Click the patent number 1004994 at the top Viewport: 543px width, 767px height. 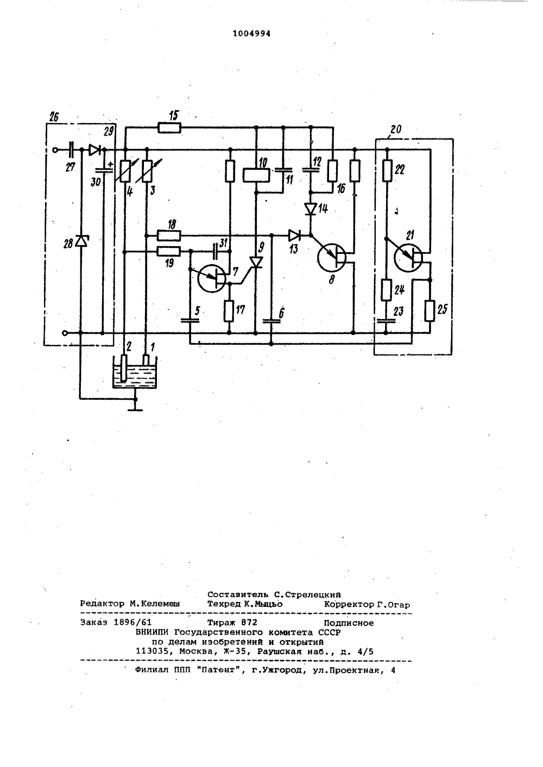[x=251, y=34]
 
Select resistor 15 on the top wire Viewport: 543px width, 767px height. [x=169, y=128]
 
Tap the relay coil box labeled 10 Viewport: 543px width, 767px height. [x=256, y=175]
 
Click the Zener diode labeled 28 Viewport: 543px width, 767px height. [x=81, y=241]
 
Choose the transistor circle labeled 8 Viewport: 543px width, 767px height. [x=332, y=257]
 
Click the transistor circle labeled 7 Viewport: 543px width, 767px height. [x=212, y=278]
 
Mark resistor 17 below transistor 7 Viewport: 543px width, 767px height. [x=229, y=311]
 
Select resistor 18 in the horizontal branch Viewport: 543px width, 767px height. [x=169, y=235]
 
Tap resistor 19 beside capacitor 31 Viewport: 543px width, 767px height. [x=169, y=251]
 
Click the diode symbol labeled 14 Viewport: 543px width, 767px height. [x=311, y=209]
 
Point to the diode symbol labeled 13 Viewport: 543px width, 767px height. [x=294, y=235]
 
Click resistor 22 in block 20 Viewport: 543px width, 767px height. [x=386, y=170]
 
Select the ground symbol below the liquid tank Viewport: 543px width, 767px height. [x=135, y=405]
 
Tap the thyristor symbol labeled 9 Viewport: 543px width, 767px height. [x=256, y=263]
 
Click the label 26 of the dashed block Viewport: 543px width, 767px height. [x=54, y=117]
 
